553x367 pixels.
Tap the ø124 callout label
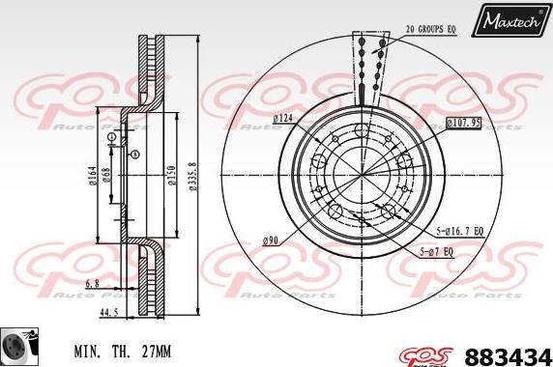point(283,118)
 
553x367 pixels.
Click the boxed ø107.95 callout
point(463,123)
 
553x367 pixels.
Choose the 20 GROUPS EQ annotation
point(430,30)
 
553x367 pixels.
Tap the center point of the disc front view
point(364,176)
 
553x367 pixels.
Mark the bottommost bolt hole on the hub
point(364,222)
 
